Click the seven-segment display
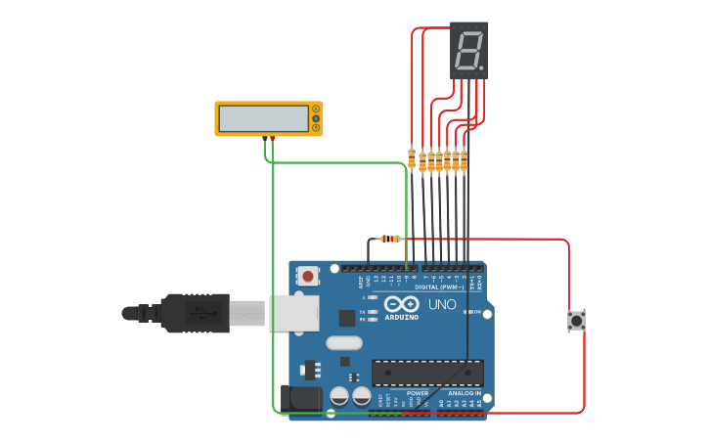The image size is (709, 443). [468, 50]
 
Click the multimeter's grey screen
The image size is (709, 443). [262, 118]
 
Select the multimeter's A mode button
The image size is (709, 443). [315, 109]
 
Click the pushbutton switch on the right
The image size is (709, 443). [577, 320]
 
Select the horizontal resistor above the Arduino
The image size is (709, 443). [390, 239]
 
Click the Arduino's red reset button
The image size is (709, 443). [309, 277]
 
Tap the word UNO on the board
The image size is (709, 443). [442, 304]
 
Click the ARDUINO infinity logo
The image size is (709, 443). [401, 305]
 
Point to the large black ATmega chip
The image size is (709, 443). [427, 373]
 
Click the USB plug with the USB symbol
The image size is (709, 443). [196, 313]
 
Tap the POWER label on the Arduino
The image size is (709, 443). [418, 393]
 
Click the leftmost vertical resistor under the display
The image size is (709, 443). [411, 158]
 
